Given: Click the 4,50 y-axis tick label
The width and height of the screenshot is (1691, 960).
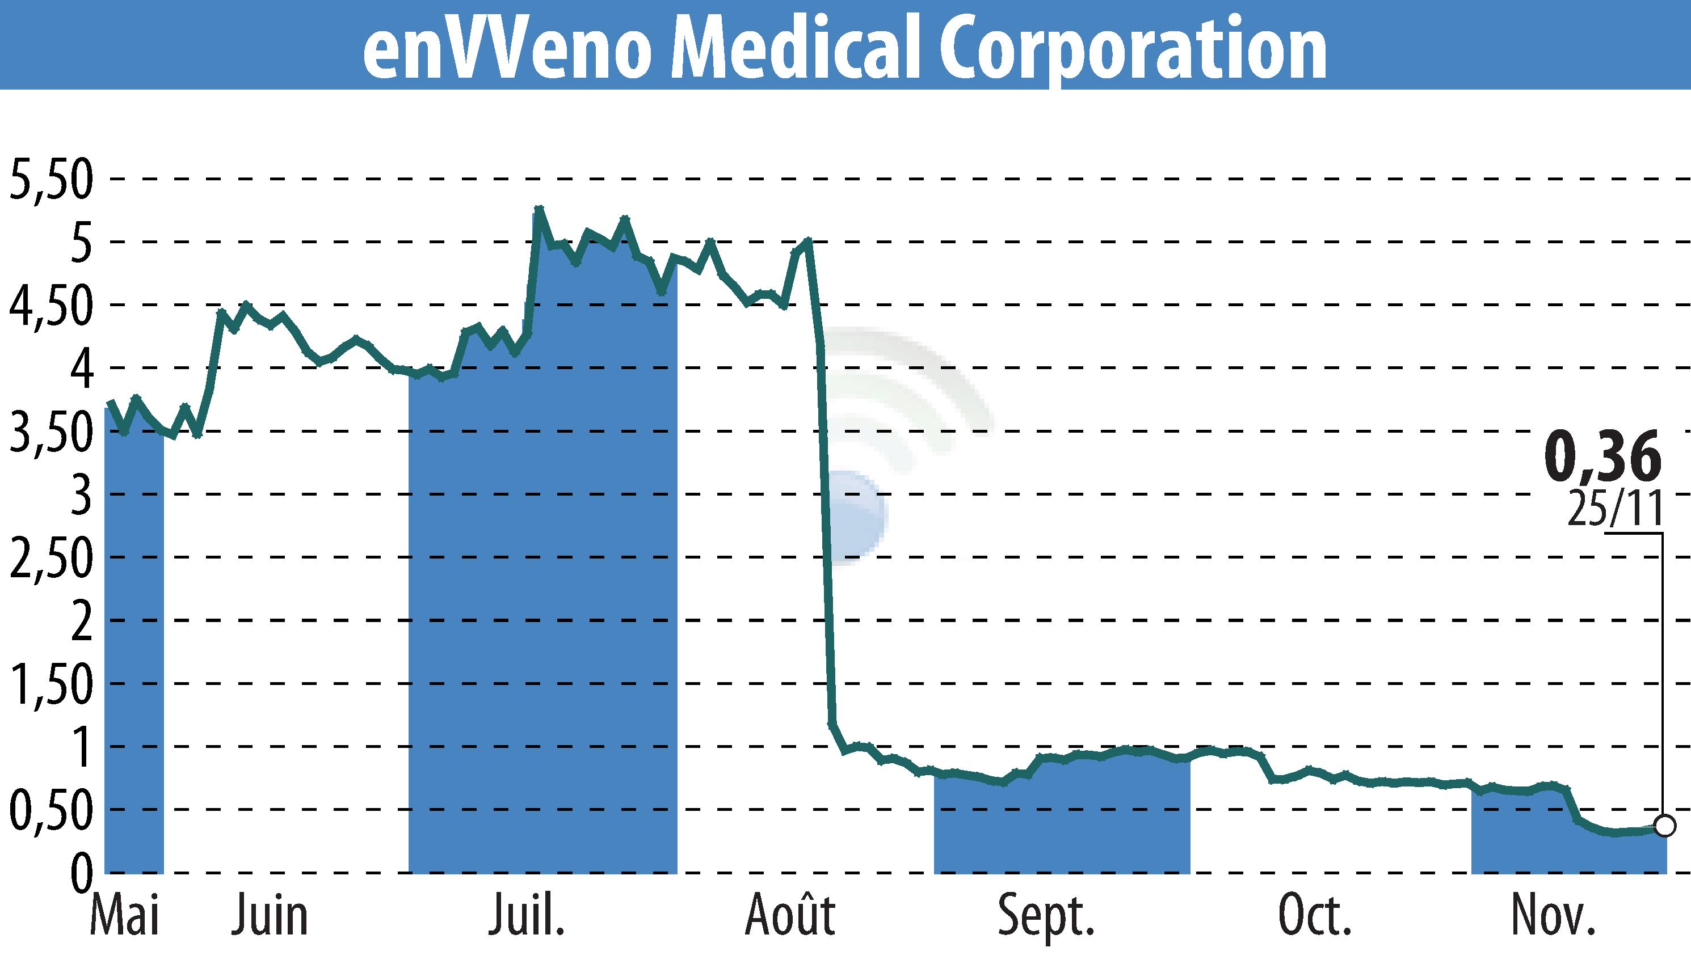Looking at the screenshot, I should tap(50, 307).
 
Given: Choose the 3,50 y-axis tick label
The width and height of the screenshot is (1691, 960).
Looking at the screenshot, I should tap(50, 433).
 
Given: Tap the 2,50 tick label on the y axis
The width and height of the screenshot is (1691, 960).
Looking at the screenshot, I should tap(50, 559).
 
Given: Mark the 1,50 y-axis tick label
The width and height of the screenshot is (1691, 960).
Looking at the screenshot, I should tap(50, 685).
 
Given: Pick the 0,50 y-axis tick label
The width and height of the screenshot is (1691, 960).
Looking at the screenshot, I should tap(50, 811).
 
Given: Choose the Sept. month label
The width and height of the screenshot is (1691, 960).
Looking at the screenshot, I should tap(1047, 916).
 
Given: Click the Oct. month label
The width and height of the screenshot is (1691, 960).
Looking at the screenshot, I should tap(1315, 916).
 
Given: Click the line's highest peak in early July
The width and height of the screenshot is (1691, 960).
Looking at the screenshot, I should tap(539, 210).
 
